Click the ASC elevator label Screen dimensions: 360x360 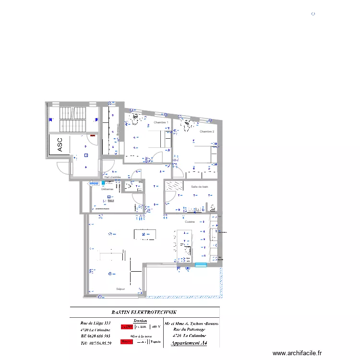60,145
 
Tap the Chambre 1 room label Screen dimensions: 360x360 161,122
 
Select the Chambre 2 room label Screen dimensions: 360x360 207,132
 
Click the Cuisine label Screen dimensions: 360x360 190,222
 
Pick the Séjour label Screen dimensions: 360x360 121,289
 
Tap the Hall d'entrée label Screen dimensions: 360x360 112,177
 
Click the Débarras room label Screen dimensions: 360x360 107,189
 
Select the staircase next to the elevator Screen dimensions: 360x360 72,120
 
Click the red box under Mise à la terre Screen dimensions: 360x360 127,342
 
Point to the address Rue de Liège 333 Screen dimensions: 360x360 96,323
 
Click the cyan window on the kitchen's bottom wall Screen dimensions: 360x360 201,264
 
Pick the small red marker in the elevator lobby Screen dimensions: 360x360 93,135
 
